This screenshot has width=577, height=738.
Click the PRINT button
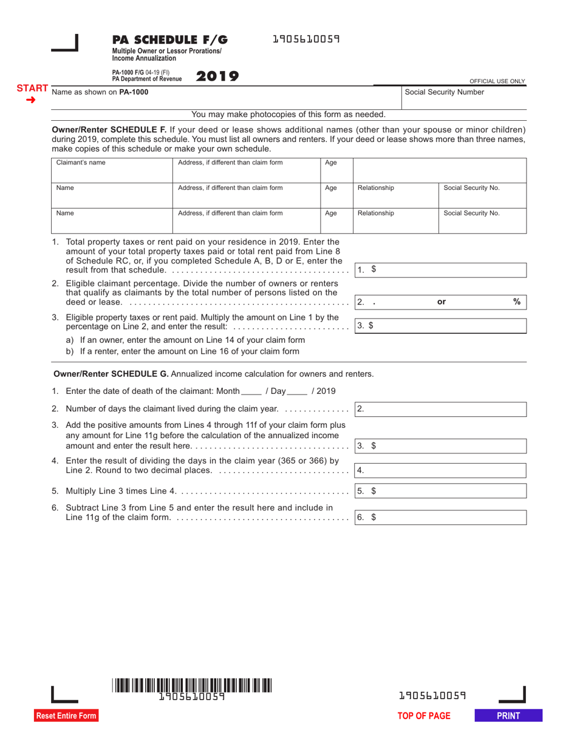tap(508, 716)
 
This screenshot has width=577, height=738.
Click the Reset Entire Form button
tap(66, 716)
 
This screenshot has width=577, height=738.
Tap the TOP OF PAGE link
tap(424, 716)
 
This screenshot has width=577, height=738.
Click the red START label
tap(32, 88)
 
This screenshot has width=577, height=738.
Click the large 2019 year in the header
tap(217, 76)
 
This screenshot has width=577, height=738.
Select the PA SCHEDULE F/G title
tap(170, 39)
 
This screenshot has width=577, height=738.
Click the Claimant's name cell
tap(112, 169)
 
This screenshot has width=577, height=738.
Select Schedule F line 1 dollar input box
tap(440, 269)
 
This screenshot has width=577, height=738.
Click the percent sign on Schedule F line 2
tap(517, 301)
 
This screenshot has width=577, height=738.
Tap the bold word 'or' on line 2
tap(442, 302)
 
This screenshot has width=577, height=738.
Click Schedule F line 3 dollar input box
tap(440, 326)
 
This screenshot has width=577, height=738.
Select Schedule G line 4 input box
tap(440, 470)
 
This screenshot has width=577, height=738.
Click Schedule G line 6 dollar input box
tap(440, 517)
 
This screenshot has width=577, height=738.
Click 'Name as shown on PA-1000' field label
tap(100, 92)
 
